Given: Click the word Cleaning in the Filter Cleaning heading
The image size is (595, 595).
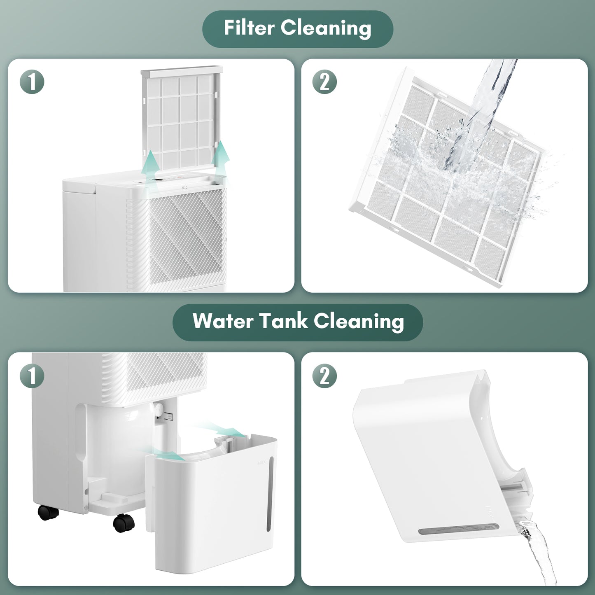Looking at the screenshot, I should point(326,29).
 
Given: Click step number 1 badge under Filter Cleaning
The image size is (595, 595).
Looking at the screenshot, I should point(32,82).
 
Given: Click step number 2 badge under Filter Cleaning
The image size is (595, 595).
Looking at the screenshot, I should point(325,82).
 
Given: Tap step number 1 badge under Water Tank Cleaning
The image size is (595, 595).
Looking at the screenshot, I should point(32,376).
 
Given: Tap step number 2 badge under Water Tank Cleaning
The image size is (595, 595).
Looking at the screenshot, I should point(325,376).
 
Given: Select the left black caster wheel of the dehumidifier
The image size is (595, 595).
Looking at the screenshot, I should point(48,512).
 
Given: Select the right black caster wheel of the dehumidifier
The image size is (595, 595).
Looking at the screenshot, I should point(124,523).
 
